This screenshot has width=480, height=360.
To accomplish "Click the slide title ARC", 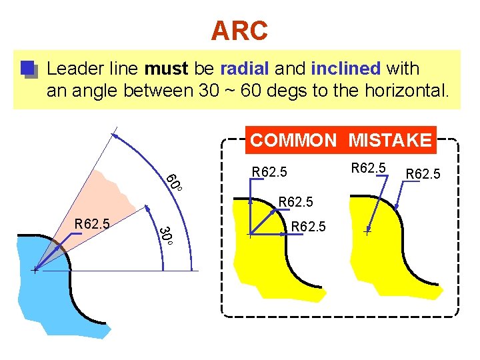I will click(x=239, y=30).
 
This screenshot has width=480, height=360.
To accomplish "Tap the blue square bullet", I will click(x=27, y=69).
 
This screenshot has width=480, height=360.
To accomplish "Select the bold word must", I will click(x=167, y=69).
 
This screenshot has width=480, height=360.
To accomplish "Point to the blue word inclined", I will click(x=345, y=69).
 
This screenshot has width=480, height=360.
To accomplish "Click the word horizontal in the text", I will click(x=407, y=91).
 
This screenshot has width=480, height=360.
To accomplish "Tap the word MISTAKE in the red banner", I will click(x=390, y=140).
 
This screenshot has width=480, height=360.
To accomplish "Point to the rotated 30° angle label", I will click(x=166, y=236).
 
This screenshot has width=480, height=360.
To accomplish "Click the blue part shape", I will click(x=47, y=293).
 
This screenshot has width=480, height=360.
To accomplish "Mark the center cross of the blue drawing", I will click(x=34, y=271).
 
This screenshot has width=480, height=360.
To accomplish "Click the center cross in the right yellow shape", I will click(x=367, y=232).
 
